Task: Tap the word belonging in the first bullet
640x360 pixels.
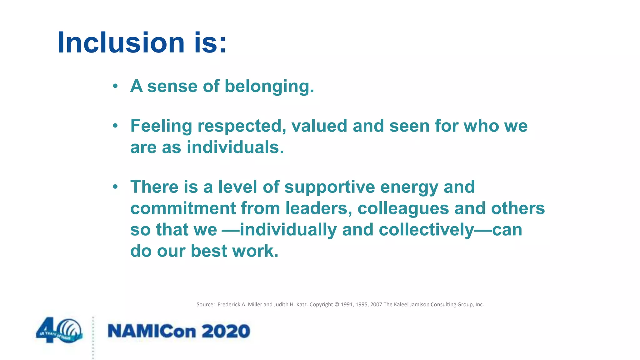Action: pos(269,86)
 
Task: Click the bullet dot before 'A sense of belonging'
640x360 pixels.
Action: pos(115,86)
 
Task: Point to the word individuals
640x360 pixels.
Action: pos(235,147)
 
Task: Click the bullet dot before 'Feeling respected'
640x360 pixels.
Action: pos(115,126)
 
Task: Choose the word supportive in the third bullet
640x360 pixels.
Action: pos(329,187)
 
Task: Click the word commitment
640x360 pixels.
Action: pos(183,208)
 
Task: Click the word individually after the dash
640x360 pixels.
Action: pos(288,230)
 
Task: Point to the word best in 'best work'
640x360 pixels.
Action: pos(209,251)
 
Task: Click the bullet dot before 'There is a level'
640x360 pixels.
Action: pos(115,187)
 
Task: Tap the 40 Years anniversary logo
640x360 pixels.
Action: pos(59,331)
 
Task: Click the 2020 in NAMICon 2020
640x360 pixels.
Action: pos(226,331)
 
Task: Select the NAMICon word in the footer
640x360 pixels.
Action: pos(152,331)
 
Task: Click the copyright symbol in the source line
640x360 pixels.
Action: pos(337,305)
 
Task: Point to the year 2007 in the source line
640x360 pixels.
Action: pos(376,305)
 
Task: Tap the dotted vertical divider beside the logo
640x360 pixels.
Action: pos(93,337)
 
